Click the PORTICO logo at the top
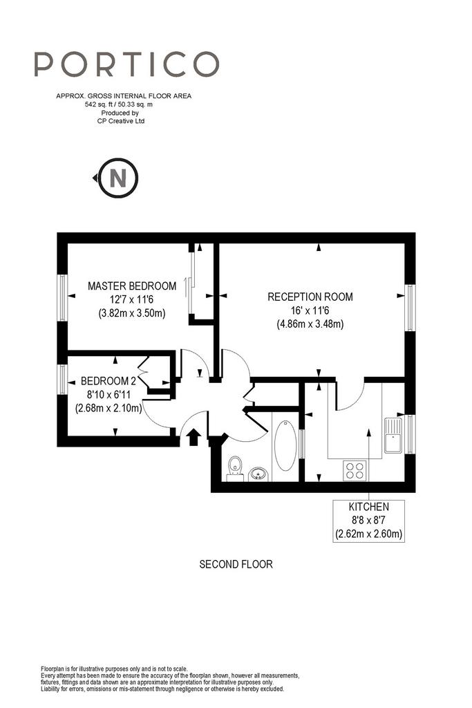click(126, 64)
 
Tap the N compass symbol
click(117, 178)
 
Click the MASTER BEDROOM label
click(132, 286)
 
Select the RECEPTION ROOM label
click(310, 297)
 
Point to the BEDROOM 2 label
click(108, 381)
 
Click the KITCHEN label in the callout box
click(368, 507)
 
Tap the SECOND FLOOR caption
click(236, 564)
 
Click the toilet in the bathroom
click(235, 468)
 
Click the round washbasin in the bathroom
click(258, 474)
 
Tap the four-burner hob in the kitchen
click(355, 470)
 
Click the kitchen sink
click(393, 436)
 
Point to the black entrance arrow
click(193, 438)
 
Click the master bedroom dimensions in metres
click(132, 313)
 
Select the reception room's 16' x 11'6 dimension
click(310, 310)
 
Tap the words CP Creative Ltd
click(121, 121)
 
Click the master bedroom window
click(62, 298)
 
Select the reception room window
click(410, 308)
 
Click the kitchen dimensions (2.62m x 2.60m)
click(368, 534)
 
